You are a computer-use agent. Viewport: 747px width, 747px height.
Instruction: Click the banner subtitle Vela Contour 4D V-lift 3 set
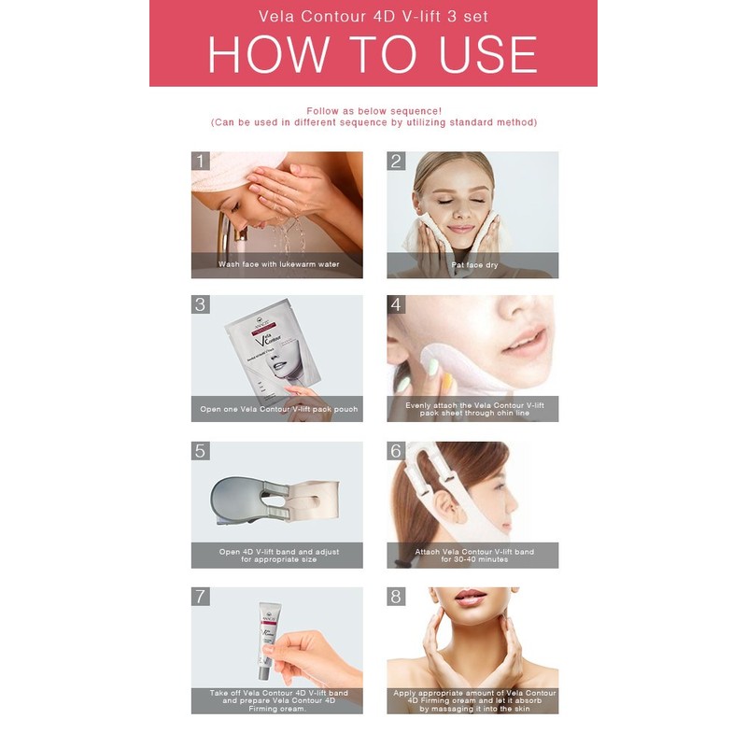pyautogui.click(x=373, y=16)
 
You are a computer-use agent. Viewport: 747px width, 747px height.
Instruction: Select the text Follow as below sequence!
pyautogui.click(x=373, y=110)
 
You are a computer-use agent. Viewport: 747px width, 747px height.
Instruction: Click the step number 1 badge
pyautogui.click(x=200, y=161)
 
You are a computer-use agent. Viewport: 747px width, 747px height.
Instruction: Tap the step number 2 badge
pyautogui.click(x=396, y=161)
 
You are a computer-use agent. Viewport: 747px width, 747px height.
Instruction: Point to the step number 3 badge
pyautogui.click(x=200, y=304)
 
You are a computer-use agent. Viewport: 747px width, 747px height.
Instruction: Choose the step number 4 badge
pyautogui.click(x=396, y=304)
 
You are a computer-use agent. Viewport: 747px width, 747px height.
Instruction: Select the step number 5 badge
pyautogui.click(x=200, y=450)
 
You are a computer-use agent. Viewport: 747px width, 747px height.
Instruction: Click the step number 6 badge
pyautogui.click(x=396, y=450)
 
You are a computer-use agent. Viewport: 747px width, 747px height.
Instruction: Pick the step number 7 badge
pyautogui.click(x=200, y=596)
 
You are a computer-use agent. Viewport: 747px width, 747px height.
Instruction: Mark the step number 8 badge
pyautogui.click(x=396, y=596)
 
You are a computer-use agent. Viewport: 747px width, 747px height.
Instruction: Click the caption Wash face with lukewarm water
pyautogui.click(x=277, y=264)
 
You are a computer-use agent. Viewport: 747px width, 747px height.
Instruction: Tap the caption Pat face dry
pyautogui.click(x=473, y=264)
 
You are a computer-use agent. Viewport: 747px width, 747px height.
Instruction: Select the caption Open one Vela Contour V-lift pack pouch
pyautogui.click(x=277, y=409)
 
